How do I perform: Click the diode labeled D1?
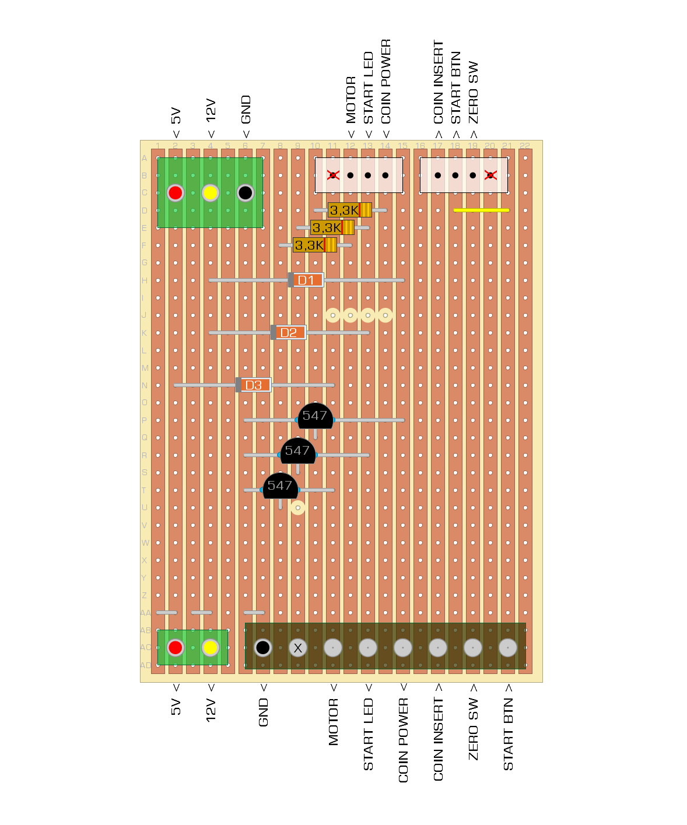[x=306, y=280]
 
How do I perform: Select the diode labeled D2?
[x=289, y=333]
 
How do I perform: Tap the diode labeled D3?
[x=254, y=385]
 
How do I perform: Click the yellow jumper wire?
[x=481, y=210]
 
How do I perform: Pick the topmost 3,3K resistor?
[x=349, y=210]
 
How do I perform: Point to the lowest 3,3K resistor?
[x=314, y=245]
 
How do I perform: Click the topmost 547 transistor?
[x=315, y=416]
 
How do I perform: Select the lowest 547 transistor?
[x=280, y=486]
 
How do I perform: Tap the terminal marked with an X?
[x=298, y=648]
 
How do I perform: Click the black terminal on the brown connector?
[x=263, y=647]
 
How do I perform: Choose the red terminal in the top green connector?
[x=176, y=192]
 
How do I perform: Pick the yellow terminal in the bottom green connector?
[x=211, y=647]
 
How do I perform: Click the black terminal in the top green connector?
[x=246, y=192]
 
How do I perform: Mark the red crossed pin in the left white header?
[x=333, y=175]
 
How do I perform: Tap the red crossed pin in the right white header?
[x=490, y=175]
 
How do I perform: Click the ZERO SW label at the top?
[x=473, y=92]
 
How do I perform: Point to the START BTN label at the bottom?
[x=508, y=734]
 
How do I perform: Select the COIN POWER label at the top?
[x=385, y=82]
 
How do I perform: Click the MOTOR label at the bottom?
[x=333, y=722]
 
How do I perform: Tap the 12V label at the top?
[x=211, y=110]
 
